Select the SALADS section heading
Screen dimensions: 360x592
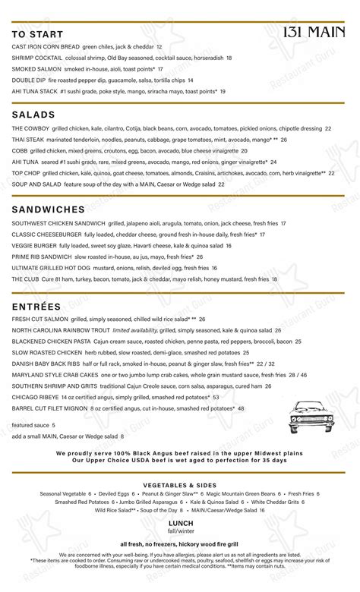tap(33, 115)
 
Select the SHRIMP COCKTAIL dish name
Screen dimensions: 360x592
tap(37, 58)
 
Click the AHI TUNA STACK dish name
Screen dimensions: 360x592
tap(36, 91)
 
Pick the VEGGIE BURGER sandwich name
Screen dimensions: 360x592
tap(34, 246)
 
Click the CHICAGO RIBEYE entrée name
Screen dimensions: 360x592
tap(36, 397)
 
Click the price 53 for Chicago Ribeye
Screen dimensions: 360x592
tap(216, 397)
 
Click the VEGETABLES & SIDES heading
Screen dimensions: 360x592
tap(179, 483)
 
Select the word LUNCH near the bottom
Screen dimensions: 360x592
tap(179, 523)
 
